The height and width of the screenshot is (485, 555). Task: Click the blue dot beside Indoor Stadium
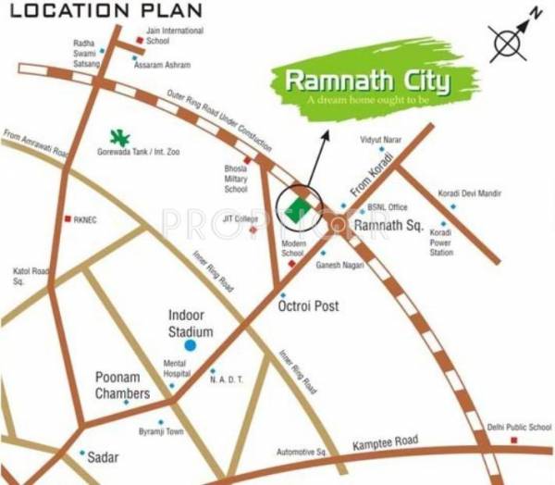coord(191,345)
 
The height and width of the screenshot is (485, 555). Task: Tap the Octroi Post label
coord(309,305)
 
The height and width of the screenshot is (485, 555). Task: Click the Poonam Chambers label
coord(122,386)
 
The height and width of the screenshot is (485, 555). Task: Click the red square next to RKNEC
coord(67,219)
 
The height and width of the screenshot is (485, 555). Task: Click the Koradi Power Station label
coord(441,244)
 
